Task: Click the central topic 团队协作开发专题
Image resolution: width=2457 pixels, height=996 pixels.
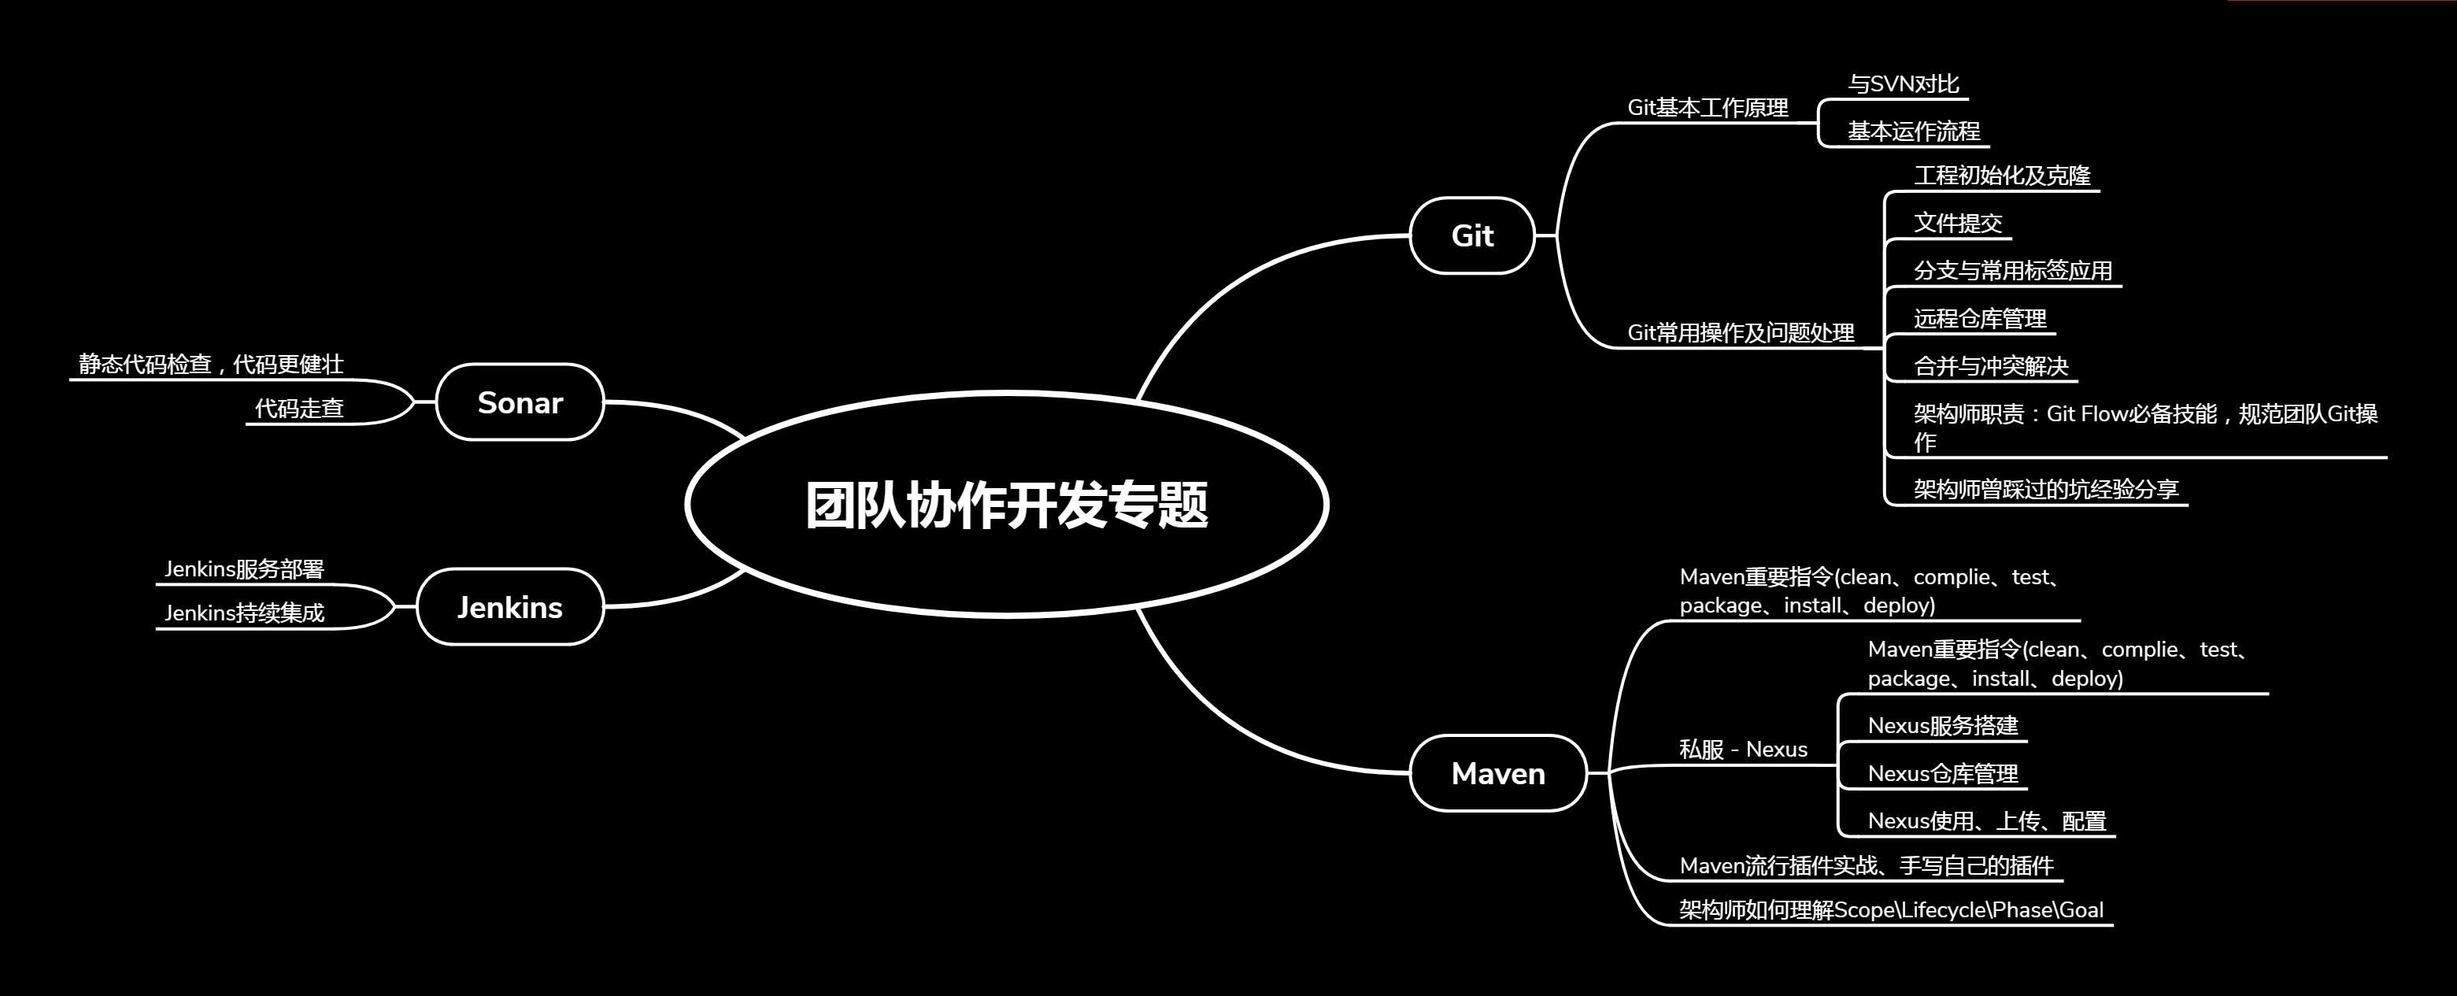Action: (1006, 505)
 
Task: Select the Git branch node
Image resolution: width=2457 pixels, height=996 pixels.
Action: (1471, 235)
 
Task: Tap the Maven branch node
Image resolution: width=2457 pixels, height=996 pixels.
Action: (1497, 772)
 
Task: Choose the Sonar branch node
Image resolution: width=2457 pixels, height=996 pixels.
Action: (520, 402)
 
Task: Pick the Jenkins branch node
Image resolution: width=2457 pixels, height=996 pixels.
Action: (509, 607)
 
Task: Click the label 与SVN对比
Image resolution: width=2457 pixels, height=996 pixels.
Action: (1903, 84)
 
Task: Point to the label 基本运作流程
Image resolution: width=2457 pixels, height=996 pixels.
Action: (1913, 131)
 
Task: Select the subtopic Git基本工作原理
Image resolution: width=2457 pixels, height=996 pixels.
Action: (1708, 108)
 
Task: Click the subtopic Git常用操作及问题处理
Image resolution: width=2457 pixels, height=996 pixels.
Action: (1741, 332)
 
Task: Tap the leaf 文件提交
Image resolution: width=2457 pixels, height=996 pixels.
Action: (1957, 224)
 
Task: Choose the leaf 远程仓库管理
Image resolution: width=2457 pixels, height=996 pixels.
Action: (1979, 319)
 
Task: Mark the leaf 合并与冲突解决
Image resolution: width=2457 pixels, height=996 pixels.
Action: (1991, 366)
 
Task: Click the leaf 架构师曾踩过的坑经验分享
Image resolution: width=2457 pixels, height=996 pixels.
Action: (2046, 490)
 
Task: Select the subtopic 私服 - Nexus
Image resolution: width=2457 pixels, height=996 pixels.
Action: (1743, 749)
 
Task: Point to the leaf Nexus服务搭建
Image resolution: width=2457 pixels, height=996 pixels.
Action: (1942, 725)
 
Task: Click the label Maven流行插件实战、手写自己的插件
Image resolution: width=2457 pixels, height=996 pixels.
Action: (1866, 865)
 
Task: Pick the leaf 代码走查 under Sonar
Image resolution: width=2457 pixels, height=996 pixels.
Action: (298, 409)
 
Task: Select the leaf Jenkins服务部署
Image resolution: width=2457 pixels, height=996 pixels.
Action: (244, 568)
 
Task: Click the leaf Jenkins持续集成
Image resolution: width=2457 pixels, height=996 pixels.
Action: (244, 613)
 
